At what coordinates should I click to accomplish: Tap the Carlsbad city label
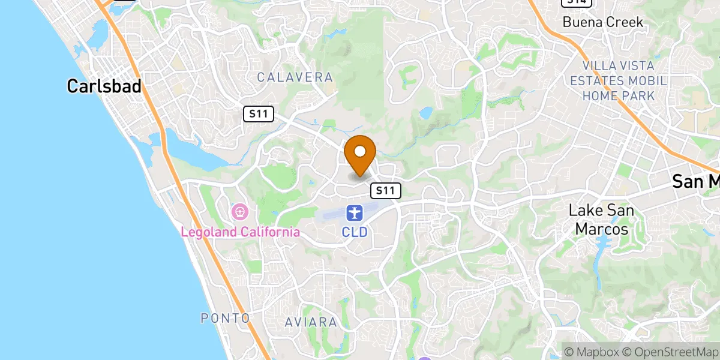(104, 86)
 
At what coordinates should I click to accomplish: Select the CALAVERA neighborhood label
(295, 77)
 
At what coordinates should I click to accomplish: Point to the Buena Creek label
(602, 22)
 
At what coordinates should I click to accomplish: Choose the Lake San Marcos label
(601, 220)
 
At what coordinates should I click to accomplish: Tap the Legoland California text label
(241, 232)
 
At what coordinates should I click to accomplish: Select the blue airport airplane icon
(355, 212)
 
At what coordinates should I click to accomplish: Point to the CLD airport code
(355, 231)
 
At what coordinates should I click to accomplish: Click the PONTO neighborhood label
(225, 317)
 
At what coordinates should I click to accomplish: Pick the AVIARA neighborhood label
(311, 322)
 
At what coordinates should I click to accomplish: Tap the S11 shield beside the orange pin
(385, 191)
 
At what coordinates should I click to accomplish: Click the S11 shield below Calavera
(259, 113)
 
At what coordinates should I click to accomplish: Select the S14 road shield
(577, 2)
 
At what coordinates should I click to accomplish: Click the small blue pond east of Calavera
(426, 112)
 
